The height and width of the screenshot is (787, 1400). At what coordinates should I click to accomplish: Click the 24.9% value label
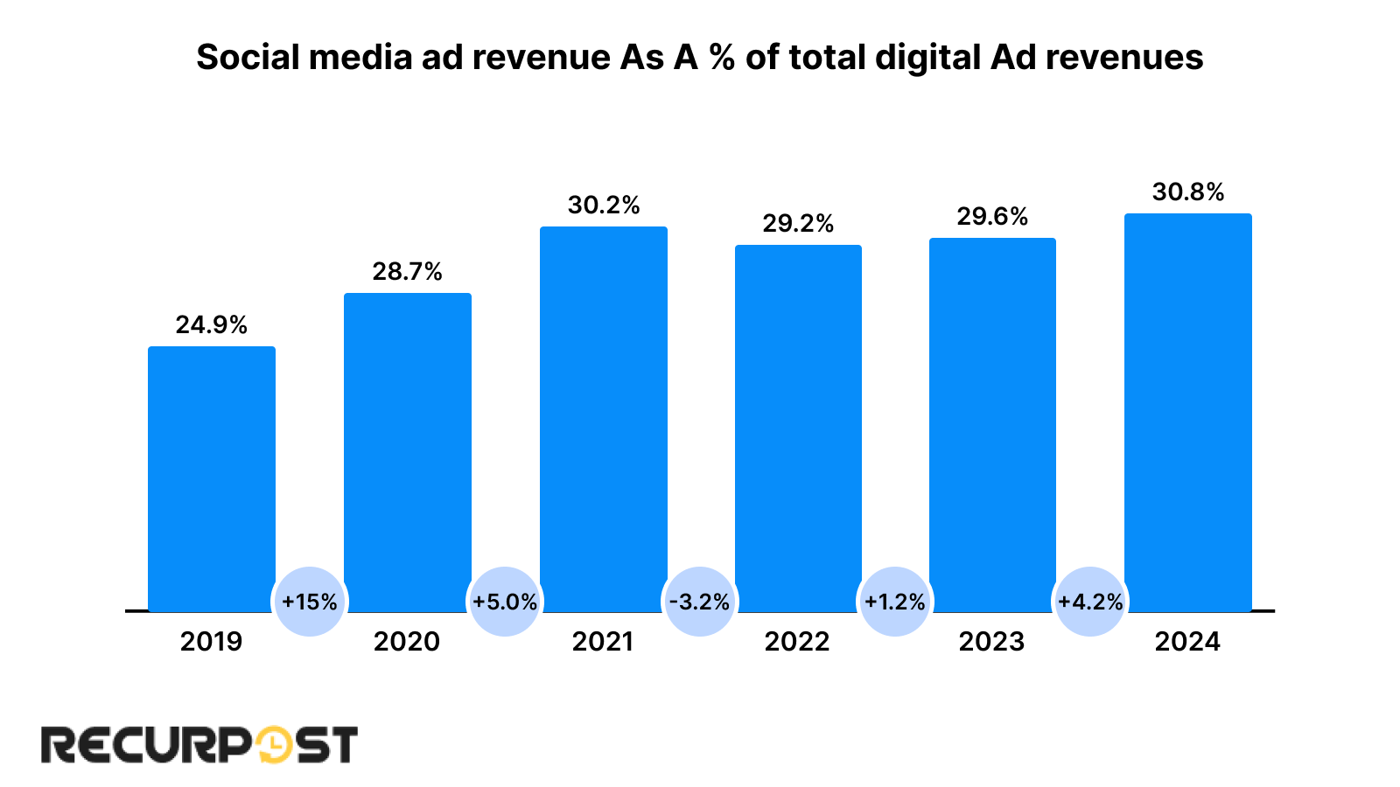[212, 325]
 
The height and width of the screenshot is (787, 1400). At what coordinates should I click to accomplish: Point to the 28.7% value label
[407, 272]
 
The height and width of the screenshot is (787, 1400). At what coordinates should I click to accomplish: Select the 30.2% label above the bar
[604, 205]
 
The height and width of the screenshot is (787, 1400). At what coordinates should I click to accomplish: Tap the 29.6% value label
[992, 217]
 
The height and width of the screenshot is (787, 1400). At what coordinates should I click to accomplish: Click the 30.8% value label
[1187, 192]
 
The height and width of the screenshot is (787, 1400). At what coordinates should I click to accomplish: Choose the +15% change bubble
[310, 602]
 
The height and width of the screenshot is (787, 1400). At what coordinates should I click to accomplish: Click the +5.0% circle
[505, 602]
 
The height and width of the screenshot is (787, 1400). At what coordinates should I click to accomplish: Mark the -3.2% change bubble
[699, 602]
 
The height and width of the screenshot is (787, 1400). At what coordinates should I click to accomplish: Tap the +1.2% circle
[894, 602]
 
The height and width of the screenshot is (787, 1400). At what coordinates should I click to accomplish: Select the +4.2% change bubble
[1090, 602]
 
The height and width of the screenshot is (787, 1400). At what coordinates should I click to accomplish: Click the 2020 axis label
[407, 642]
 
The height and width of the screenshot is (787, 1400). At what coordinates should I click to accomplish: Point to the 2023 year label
[991, 642]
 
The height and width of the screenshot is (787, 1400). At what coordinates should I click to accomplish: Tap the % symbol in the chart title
[722, 58]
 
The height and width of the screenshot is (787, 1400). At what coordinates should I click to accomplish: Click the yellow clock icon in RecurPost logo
[274, 745]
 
